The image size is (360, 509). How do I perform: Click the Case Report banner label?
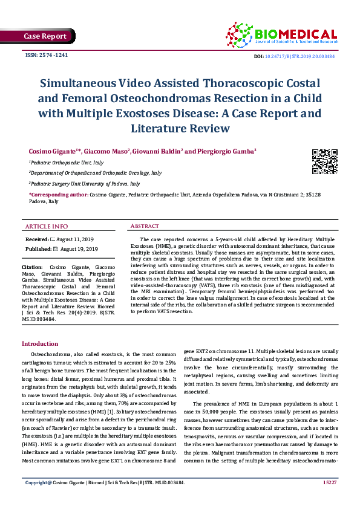click(45, 36)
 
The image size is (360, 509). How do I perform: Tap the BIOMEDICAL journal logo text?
click(296, 34)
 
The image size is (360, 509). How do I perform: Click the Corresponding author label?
click(58, 195)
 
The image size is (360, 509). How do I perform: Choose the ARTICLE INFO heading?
click(47, 227)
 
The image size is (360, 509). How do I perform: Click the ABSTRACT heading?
click(145, 226)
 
